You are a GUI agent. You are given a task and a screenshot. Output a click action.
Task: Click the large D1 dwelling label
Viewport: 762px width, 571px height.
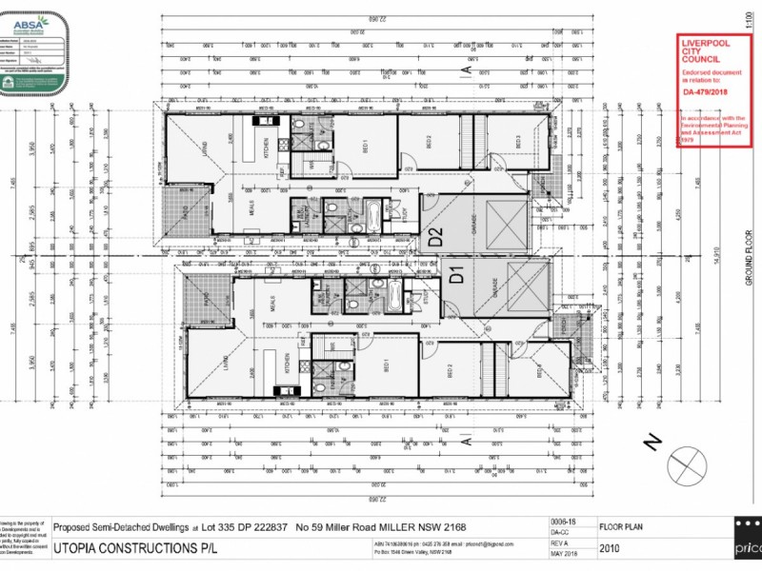click(455, 279)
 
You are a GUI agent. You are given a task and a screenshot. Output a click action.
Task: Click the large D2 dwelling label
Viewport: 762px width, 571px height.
click(434, 238)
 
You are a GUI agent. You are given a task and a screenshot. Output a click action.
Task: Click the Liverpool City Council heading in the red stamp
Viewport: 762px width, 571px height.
click(706, 51)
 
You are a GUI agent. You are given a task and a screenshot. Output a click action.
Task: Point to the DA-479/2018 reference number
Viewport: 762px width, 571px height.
click(705, 93)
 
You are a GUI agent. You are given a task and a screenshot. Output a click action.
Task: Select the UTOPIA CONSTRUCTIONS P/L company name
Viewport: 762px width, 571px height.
click(135, 548)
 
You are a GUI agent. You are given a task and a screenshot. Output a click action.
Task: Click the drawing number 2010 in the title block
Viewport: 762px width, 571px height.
click(611, 548)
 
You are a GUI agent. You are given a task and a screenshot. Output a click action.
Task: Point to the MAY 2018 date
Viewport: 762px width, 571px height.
click(565, 554)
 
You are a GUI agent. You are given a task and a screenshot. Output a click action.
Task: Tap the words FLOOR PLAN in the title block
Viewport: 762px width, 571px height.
click(622, 524)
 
